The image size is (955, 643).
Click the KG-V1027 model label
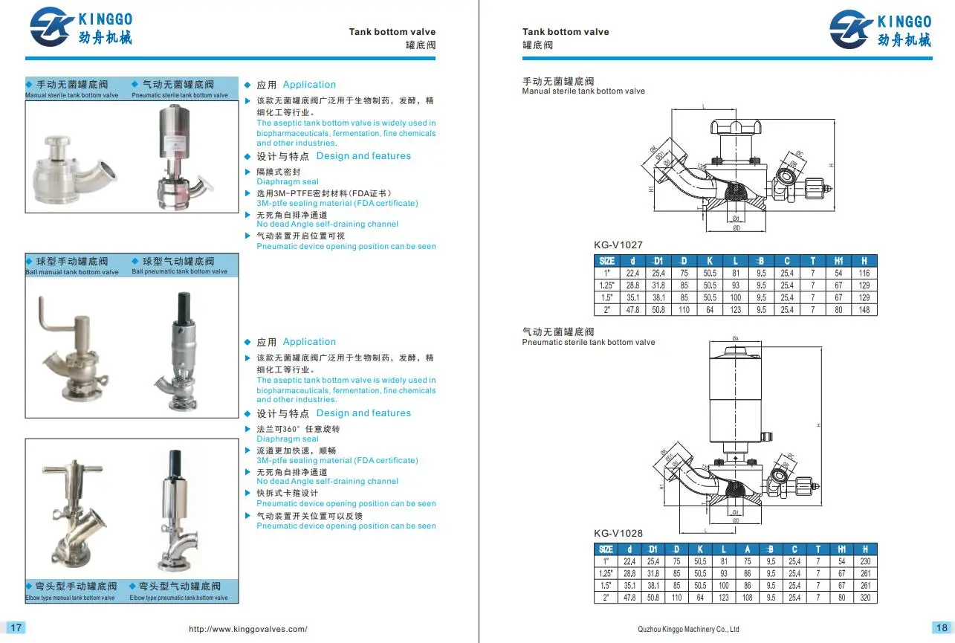618,245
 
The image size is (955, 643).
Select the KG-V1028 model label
618,533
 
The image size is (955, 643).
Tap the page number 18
941,627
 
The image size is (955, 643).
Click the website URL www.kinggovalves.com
248,629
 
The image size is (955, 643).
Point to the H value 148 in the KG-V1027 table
864,309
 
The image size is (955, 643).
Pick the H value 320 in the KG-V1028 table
864,598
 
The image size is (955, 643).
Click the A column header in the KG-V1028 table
747,549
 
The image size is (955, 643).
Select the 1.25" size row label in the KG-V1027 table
606,285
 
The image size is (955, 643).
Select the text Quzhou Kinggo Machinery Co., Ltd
688,630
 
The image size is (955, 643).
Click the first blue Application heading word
309,85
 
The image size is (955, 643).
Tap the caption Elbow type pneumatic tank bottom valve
178,598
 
